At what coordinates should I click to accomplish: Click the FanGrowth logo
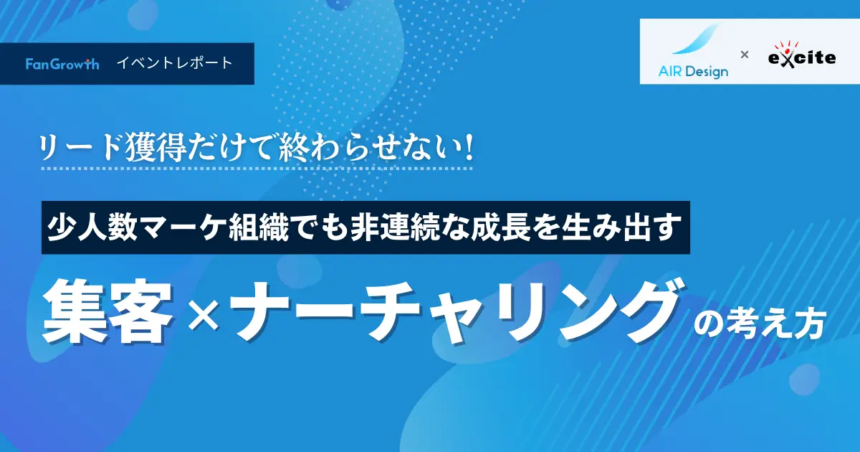[62, 64]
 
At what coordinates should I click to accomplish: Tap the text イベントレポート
[175, 63]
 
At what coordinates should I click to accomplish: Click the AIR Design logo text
[693, 72]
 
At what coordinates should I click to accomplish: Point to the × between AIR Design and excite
[745, 55]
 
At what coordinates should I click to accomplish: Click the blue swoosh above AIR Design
[696, 39]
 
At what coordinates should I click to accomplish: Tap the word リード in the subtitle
[82, 148]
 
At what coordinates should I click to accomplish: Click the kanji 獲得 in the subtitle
[156, 148]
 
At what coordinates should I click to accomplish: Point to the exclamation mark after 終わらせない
[468, 147]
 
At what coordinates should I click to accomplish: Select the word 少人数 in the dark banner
[92, 227]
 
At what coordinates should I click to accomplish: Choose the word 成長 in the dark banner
[501, 227]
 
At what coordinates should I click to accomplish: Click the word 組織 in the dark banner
[259, 227]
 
